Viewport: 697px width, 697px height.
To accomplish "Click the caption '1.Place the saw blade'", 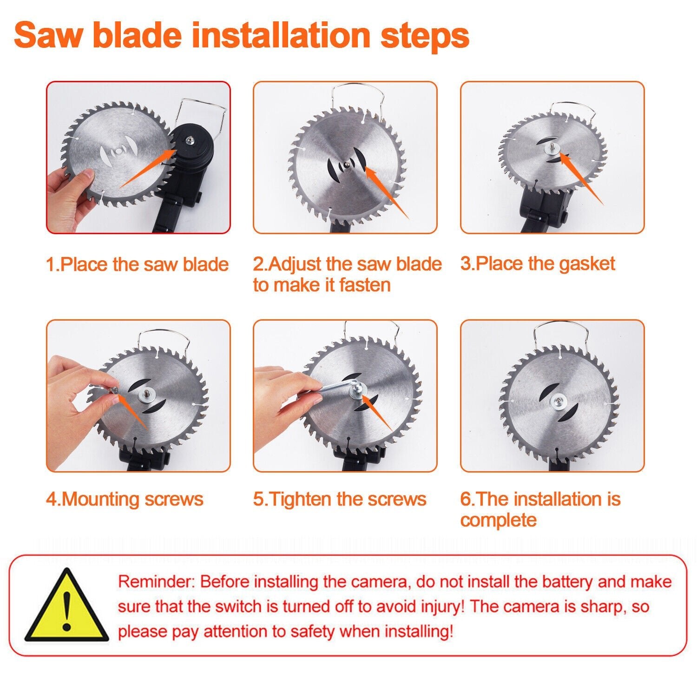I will [x=138, y=264].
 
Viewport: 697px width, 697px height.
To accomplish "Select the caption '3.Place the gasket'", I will [x=538, y=263].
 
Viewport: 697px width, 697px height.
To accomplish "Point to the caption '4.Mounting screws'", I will [x=125, y=499].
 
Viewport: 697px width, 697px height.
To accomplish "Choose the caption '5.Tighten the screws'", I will [x=340, y=499].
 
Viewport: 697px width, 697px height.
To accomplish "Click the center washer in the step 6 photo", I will [x=558, y=401].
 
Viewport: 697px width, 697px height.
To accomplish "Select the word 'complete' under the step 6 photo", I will [x=498, y=519].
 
